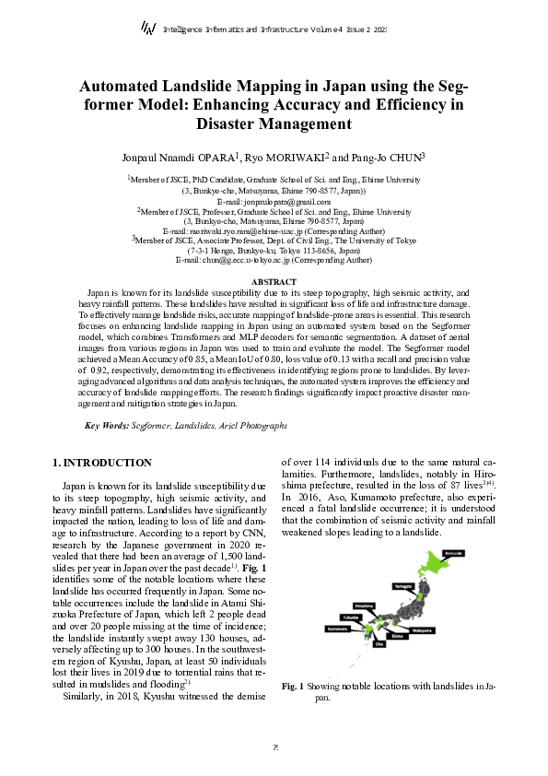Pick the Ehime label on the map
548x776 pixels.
click(x=398, y=636)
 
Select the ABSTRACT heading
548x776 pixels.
click(x=274, y=281)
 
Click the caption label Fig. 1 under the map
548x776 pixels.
click(x=292, y=687)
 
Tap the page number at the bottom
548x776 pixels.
click(x=274, y=747)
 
